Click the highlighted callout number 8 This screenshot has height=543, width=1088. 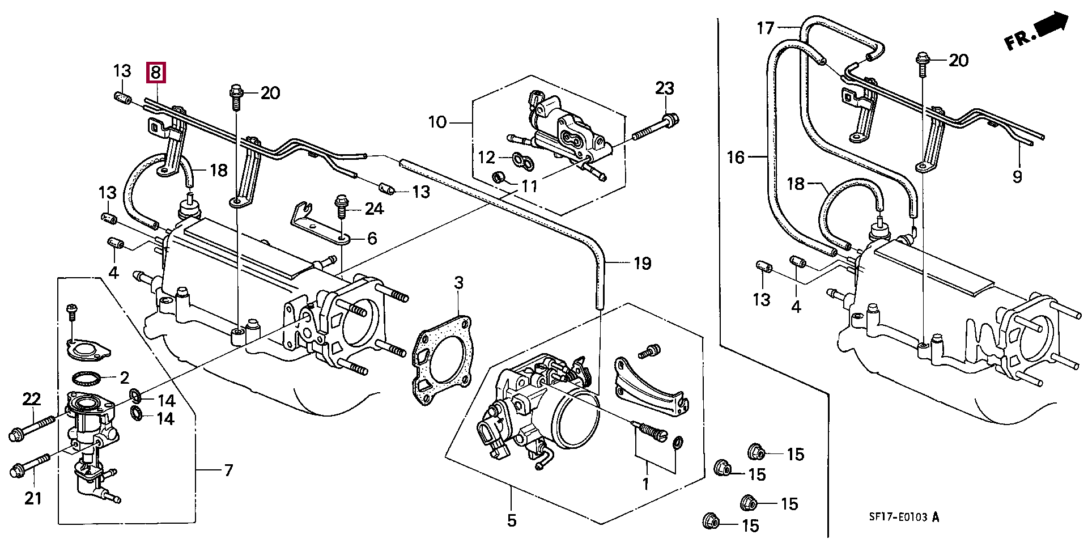pos(156,72)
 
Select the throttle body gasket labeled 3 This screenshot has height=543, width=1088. pos(442,361)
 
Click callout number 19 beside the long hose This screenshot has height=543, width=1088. pos(642,263)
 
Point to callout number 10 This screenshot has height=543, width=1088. pos(437,122)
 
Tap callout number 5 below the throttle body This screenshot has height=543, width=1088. pos(512,520)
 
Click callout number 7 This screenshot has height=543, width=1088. pos(228,470)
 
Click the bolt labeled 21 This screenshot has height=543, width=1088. pos(31,464)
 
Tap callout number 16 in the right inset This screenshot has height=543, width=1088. pos(736,157)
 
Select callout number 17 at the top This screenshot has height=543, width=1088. pos(766,28)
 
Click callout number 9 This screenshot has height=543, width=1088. pos(1017,176)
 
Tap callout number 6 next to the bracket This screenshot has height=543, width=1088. pos(372,238)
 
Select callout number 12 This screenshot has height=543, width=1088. pos(487,157)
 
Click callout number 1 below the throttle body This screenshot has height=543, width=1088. pos(645,483)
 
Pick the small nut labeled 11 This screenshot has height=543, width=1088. pos(499,177)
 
